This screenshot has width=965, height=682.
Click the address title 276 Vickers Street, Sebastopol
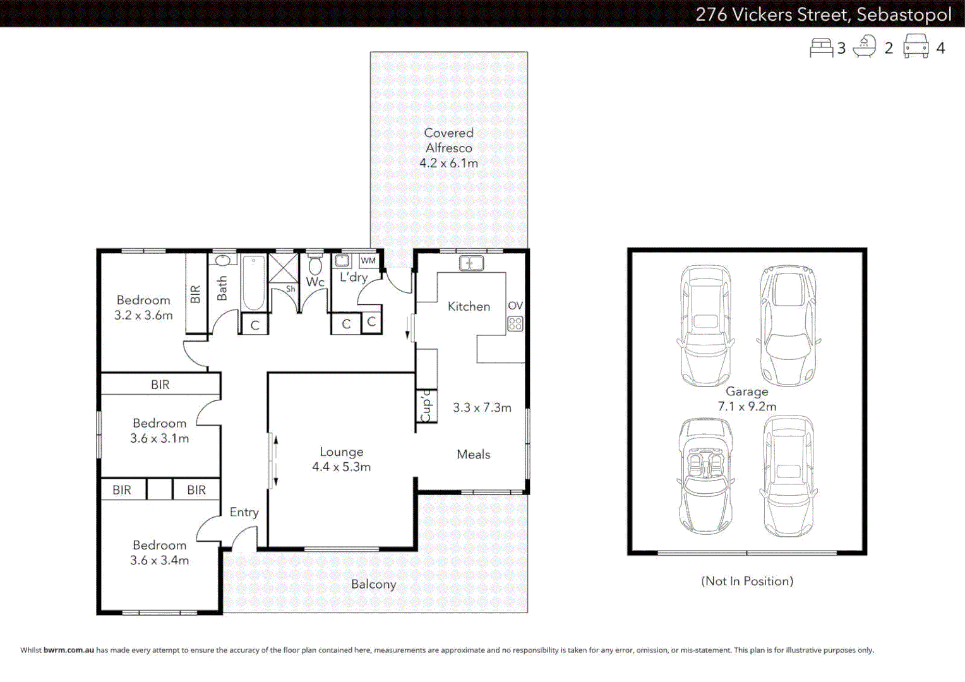823,14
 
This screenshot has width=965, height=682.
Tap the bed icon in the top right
821,48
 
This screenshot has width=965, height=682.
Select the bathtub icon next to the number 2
865,47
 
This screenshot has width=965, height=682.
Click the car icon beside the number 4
916,47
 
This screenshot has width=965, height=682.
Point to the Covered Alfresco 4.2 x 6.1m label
448,148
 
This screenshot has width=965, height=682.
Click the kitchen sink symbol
471,263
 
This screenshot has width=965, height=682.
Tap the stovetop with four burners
515,324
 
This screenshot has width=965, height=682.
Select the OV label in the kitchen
515,306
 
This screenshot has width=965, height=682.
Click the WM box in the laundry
368,260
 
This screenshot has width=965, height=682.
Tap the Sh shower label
290,289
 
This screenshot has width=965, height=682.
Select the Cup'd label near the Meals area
426,405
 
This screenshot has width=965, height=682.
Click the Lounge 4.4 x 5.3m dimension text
341,467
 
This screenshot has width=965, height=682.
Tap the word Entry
244,512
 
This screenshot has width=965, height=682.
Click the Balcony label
373,584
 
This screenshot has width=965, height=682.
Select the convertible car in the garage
705,476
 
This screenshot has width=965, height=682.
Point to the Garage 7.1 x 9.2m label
746,399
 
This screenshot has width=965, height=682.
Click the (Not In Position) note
746,581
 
